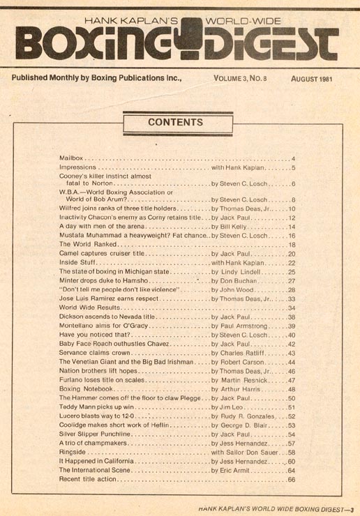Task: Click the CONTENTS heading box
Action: point(176,123)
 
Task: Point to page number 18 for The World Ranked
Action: point(292,245)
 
